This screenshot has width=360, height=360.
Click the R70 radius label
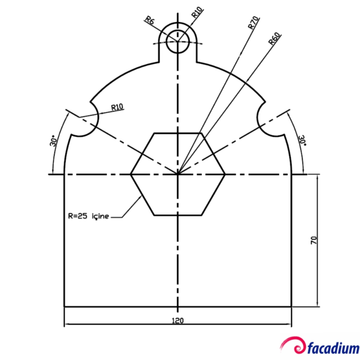(253, 23)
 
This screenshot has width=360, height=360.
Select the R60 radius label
(274, 39)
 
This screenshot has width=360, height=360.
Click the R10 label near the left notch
(118, 107)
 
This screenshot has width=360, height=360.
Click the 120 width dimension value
(178, 320)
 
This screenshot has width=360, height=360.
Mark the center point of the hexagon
(178, 174)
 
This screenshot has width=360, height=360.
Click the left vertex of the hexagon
(130, 174)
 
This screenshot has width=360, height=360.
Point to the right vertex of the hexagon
(226, 174)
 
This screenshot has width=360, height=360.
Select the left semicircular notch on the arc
(85, 121)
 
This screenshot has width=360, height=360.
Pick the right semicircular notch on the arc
(271, 121)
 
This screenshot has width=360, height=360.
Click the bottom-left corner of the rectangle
(65, 307)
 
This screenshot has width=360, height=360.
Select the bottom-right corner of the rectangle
(292, 307)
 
